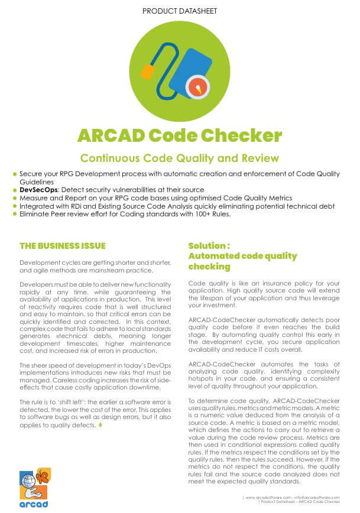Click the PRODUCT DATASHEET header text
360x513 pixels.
(x=180, y=11)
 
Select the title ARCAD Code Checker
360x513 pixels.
(x=180, y=136)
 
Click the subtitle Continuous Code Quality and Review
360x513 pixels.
(x=180, y=158)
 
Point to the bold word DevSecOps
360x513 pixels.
(x=38, y=190)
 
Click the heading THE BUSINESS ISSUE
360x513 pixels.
(x=54, y=245)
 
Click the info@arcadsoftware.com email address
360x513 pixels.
(x=319, y=498)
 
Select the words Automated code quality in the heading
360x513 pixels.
(x=242, y=256)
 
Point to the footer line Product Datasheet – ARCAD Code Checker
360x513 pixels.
(x=301, y=503)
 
